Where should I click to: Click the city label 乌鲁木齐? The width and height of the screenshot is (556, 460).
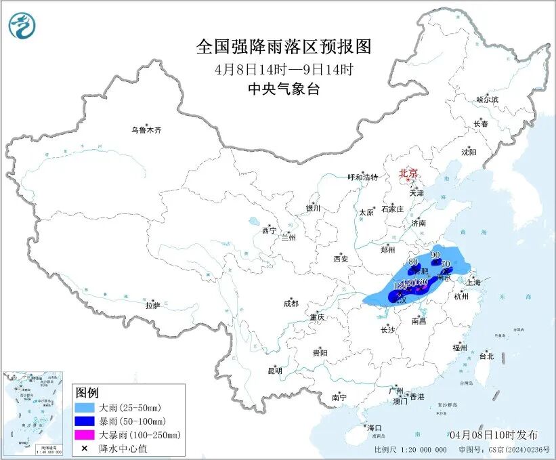(147, 129)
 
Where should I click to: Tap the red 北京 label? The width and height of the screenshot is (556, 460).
(408, 173)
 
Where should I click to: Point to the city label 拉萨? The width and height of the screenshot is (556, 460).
(152, 306)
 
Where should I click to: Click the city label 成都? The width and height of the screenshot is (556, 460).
(292, 304)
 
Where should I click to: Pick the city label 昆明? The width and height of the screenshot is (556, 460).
(274, 371)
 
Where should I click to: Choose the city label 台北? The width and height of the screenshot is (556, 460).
(486, 356)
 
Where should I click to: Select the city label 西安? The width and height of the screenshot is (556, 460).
(340, 259)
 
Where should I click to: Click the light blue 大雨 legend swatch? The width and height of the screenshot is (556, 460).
(85, 407)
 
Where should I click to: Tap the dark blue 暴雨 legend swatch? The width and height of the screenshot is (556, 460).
(85, 421)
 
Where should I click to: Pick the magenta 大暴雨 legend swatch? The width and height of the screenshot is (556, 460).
(85, 434)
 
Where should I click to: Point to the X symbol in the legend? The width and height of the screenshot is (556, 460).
(85, 448)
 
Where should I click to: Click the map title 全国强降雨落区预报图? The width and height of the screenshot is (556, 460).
(284, 47)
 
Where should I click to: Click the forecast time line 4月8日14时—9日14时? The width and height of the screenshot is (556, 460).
(284, 69)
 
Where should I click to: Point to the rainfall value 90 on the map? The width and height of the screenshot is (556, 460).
(435, 255)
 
